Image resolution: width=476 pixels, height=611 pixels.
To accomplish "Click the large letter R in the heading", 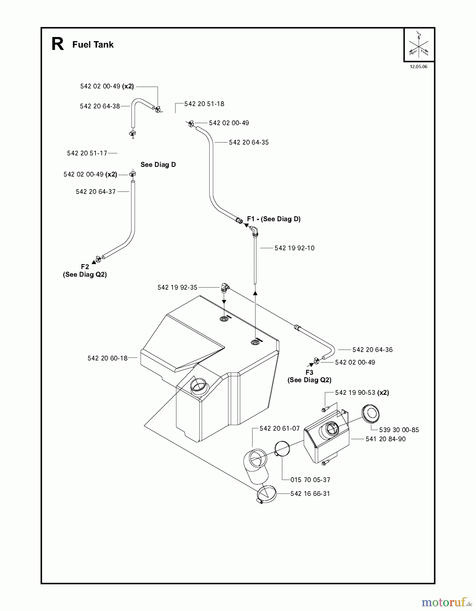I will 57,44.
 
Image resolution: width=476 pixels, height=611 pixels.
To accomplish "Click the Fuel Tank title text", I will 93,44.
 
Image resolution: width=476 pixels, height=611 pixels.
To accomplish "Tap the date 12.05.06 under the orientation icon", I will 418,67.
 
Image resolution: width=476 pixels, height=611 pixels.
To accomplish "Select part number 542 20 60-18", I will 107,358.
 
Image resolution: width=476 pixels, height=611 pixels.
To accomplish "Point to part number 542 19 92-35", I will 177,288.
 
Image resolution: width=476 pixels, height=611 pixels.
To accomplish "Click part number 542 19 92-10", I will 294,248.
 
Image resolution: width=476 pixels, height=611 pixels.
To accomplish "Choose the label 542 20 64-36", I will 372,350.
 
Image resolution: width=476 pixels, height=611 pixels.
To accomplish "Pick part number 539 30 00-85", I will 399,430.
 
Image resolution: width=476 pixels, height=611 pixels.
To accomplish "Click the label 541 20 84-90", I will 385,439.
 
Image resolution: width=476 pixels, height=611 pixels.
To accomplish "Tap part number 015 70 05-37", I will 310,480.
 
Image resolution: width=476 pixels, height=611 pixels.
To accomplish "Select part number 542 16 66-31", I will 310,494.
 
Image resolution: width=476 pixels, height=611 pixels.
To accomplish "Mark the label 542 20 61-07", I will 279,428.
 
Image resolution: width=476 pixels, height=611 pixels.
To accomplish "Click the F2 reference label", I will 85,267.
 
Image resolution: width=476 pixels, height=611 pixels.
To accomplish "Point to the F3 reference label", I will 309,372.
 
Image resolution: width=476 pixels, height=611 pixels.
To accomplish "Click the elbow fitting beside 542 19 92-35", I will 225,288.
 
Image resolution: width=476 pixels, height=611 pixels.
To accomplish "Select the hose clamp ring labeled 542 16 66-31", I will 267,495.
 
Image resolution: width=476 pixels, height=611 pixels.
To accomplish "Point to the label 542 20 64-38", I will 100,106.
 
